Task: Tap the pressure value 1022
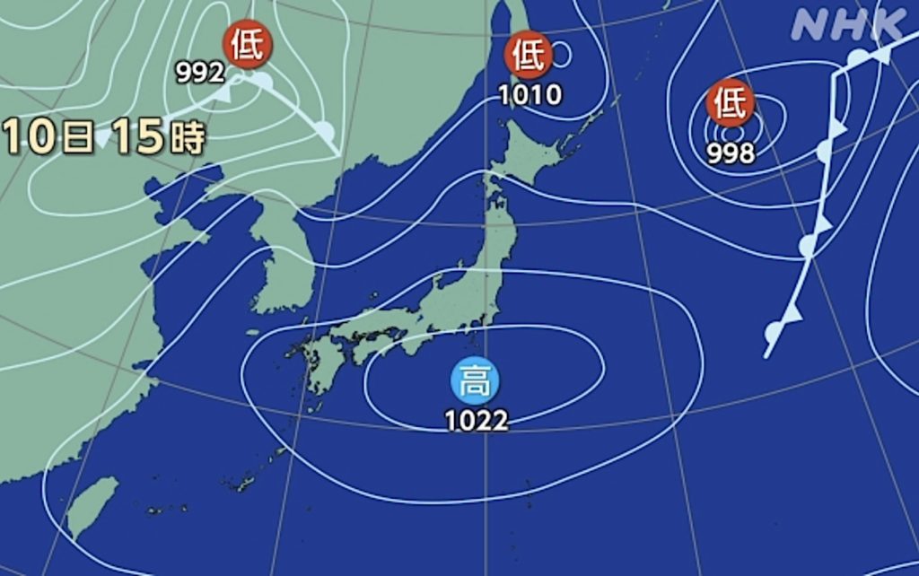point(477,420)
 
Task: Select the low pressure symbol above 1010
point(529,56)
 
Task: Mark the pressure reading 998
point(730,154)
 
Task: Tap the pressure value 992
point(199,73)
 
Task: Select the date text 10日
point(49,136)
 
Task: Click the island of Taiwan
point(92,506)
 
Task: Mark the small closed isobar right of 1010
point(562,56)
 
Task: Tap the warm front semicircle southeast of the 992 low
point(325,132)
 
